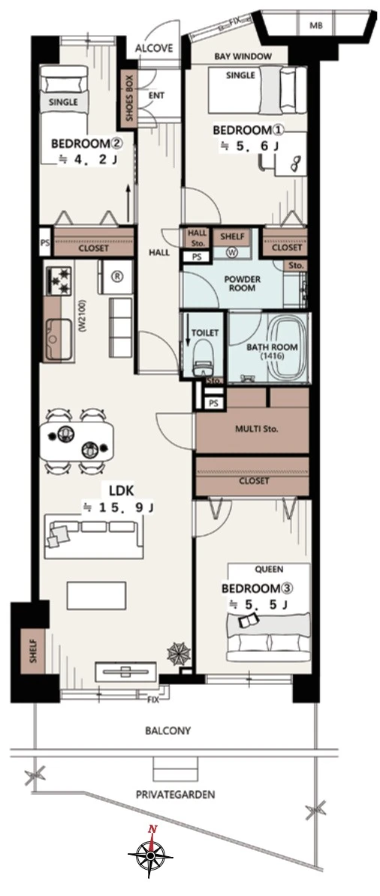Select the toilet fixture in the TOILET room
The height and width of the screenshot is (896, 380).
(201, 357)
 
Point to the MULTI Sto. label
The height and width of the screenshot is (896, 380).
(253, 428)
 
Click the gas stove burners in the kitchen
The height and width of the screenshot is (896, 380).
(58, 278)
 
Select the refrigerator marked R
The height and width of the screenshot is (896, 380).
(116, 277)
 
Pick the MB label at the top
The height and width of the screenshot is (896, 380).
(315, 26)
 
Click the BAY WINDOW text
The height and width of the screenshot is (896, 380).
(243, 56)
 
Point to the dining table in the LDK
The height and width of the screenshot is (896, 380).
(77, 441)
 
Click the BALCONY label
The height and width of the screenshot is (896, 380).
(167, 731)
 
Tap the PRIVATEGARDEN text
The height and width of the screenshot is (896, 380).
(175, 794)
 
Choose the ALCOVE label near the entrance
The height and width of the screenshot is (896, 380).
(154, 49)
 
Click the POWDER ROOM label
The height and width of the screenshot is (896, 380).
(242, 284)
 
